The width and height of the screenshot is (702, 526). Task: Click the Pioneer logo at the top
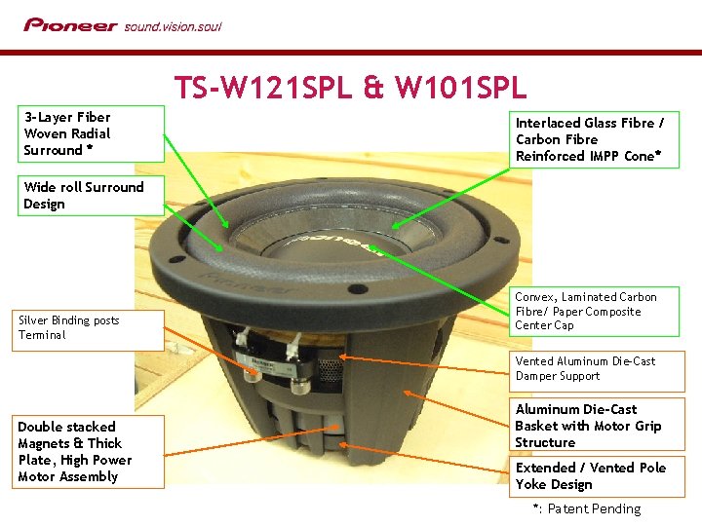[x=70, y=25]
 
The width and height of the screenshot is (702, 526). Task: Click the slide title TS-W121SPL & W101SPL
[x=350, y=88]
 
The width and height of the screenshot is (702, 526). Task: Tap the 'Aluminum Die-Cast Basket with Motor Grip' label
[x=594, y=426]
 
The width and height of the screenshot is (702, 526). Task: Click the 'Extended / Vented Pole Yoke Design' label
[x=594, y=475]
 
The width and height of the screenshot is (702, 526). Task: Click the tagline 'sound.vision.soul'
[x=173, y=26]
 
